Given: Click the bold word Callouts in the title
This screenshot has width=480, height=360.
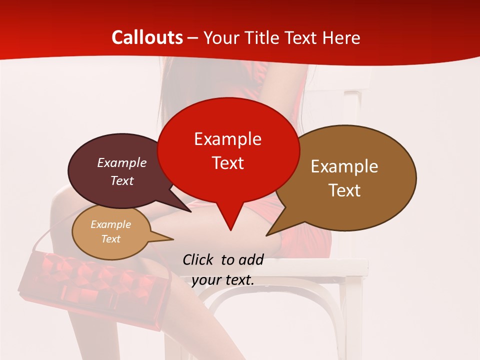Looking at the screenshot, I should (147, 37).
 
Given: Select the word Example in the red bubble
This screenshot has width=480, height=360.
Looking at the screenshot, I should (227, 139).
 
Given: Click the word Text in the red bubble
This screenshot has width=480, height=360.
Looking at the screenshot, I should (227, 163).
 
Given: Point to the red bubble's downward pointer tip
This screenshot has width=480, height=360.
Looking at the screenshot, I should (230, 230).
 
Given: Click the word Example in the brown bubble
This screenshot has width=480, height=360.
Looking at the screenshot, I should (344, 166).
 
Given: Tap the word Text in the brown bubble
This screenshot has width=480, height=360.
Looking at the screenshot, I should (344, 190).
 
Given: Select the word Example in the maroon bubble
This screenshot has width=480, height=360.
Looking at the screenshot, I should (121, 162).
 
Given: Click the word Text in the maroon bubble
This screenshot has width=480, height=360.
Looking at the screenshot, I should (121, 180).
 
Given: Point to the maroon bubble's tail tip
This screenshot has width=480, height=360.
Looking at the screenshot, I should (191, 212).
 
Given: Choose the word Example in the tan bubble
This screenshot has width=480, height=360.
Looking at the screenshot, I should (110, 224).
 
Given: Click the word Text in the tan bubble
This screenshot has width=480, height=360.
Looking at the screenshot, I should (110, 239).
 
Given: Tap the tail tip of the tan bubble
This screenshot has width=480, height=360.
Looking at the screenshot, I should (173, 239).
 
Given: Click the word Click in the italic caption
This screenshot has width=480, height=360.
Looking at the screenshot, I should (198, 259).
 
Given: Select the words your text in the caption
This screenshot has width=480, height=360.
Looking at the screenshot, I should (222, 280).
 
